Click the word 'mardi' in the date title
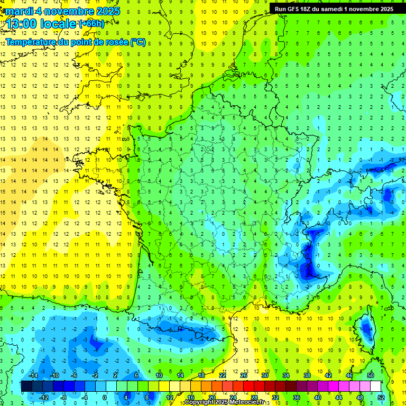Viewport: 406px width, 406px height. click(x=18, y=11)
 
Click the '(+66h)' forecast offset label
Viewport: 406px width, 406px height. click(x=91, y=23)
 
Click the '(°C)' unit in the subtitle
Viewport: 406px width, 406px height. click(x=138, y=42)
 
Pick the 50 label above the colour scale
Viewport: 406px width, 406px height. click(x=370, y=375)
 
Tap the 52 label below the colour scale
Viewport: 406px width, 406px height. click(x=381, y=397)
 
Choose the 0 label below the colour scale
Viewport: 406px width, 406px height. click(x=105, y=397)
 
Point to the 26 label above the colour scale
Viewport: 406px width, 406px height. click(x=243, y=375)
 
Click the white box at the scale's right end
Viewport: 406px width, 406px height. click(x=375, y=386)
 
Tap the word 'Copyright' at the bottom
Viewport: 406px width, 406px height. click(x=200, y=402)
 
